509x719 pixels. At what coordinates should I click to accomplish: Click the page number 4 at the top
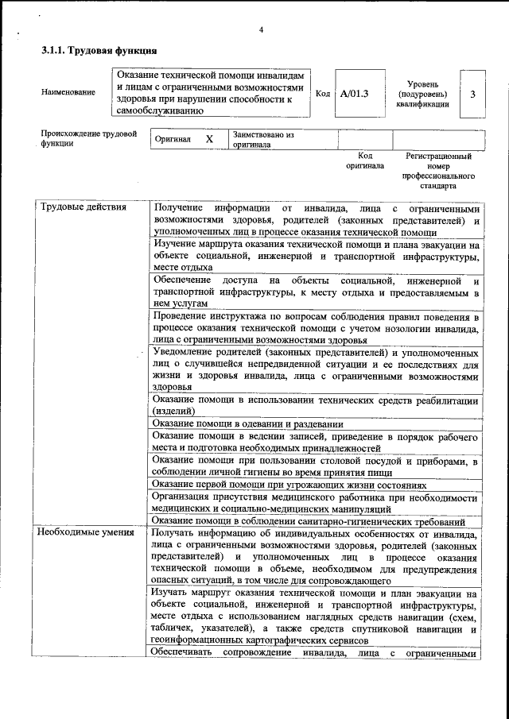[261, 30]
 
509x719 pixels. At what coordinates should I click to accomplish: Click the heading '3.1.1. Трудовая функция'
[94, 50]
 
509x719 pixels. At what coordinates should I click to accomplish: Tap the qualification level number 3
[473, 95]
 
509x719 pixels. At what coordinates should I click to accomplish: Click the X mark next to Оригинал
[209, 139]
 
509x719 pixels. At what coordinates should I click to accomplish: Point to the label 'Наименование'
[68, 92]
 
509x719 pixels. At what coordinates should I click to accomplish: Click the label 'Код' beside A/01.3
[323, 94]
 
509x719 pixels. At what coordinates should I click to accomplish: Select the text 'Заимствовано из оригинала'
[263, 141]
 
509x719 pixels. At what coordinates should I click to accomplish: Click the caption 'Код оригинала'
[364, 161]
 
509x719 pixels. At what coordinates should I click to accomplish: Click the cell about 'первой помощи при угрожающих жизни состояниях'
[289, 485]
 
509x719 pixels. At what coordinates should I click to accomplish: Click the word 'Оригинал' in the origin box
[173, 140]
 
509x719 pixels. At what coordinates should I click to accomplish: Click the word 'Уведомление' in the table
[186, 352]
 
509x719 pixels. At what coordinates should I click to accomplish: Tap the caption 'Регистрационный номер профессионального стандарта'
[439, 171]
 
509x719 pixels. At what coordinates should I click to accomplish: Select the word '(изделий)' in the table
[173, 412]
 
